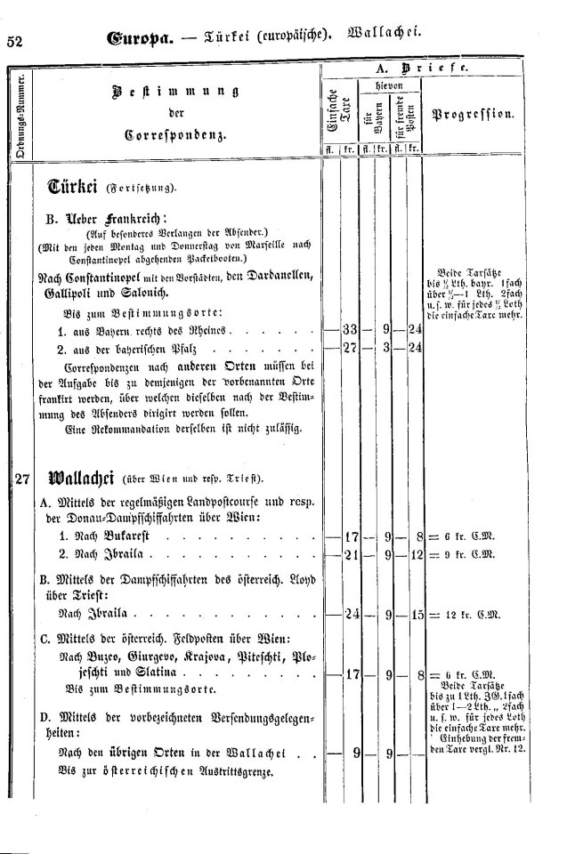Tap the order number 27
(24, 479)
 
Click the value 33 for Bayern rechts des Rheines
(350, 331)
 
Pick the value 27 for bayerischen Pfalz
(350, 348)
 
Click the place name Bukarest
(126, 539)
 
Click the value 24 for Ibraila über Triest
(350, 614)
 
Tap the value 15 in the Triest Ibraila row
(413, 614)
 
